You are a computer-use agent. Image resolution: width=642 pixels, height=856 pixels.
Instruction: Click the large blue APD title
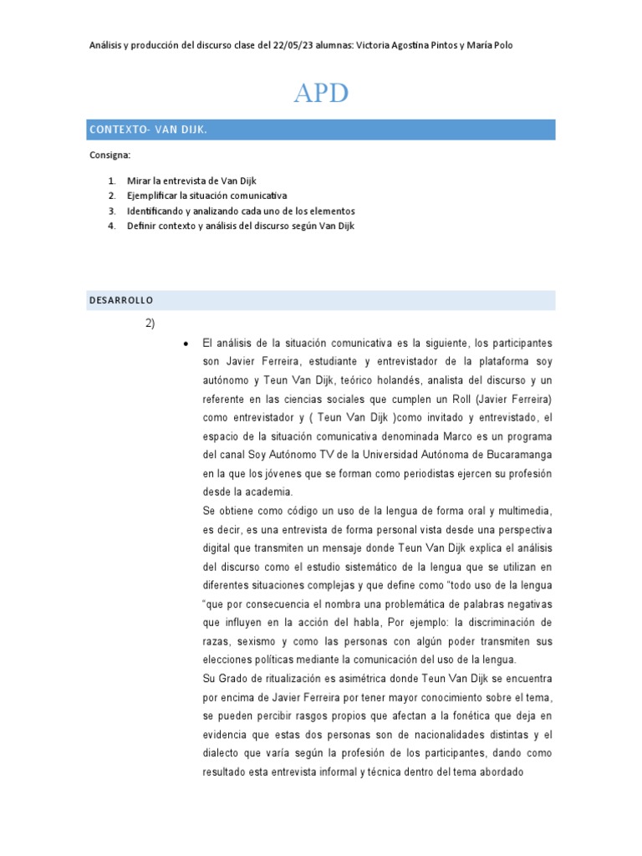pos(320,94)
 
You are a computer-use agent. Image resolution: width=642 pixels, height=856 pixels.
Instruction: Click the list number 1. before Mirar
pos(112,181)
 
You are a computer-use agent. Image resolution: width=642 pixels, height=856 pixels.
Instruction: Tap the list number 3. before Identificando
pos(112,211)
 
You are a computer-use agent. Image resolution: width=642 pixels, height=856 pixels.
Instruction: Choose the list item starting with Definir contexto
pos(241,226)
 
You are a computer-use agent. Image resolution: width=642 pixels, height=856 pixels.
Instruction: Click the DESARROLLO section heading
pos(120,300)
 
